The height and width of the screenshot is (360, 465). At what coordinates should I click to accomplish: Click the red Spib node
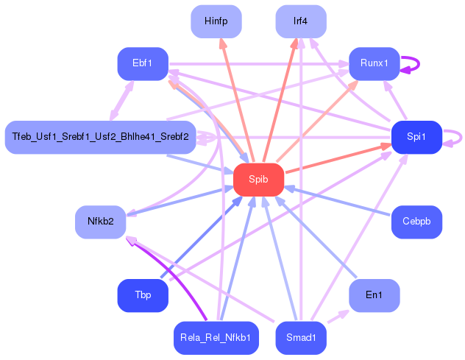[258, 180]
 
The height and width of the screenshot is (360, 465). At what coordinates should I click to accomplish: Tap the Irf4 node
[300, 21]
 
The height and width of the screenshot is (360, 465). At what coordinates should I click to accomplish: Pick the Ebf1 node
[143, 63]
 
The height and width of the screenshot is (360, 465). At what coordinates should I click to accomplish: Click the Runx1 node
[374, 63]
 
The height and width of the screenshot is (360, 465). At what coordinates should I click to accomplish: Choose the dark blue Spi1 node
[416, 137]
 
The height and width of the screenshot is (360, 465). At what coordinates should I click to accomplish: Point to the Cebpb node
[416, 222]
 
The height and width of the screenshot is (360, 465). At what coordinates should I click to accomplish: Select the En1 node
[374, 295]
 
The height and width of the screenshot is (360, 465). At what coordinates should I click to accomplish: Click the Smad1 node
[300, 338]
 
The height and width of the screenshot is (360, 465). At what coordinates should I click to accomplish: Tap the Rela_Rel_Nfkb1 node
[216, 338]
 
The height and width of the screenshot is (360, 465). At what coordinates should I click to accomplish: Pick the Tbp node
[143, 295]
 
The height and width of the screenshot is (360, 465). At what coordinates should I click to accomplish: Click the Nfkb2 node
[101, 222]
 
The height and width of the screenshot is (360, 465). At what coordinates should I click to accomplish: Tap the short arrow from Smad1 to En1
[338, 317]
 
